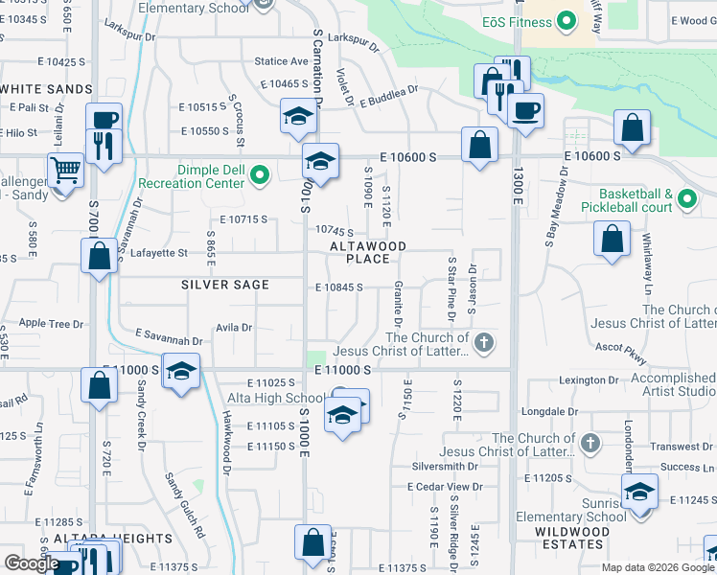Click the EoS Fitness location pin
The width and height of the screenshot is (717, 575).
[x=566, y=20]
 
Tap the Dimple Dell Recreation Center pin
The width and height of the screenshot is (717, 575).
[x=258, y=174]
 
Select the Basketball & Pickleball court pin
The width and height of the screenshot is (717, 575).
[x=685, y=199]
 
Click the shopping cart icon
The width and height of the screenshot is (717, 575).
[x=65, y=171]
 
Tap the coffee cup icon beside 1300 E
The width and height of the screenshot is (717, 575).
[x=525, y=111]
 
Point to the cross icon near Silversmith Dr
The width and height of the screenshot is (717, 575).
[x=590, y=444]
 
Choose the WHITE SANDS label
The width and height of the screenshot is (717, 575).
[x=46, y=88]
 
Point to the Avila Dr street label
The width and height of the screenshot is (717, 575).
[x=233, y=327]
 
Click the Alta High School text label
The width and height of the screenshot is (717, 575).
[x=275, y=399]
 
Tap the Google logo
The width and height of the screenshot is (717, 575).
[x=31, y=563]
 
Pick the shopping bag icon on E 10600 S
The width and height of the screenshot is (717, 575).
[x=480, y=145]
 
